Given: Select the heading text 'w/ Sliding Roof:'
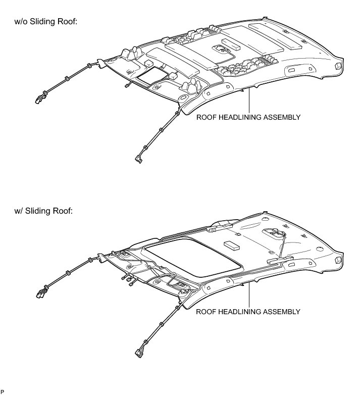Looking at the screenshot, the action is point(45,210).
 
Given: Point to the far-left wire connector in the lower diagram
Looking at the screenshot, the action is point(39,295).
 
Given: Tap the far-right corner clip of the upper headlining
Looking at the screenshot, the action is point(337,66).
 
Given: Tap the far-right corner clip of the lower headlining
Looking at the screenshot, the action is point(337,260).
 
